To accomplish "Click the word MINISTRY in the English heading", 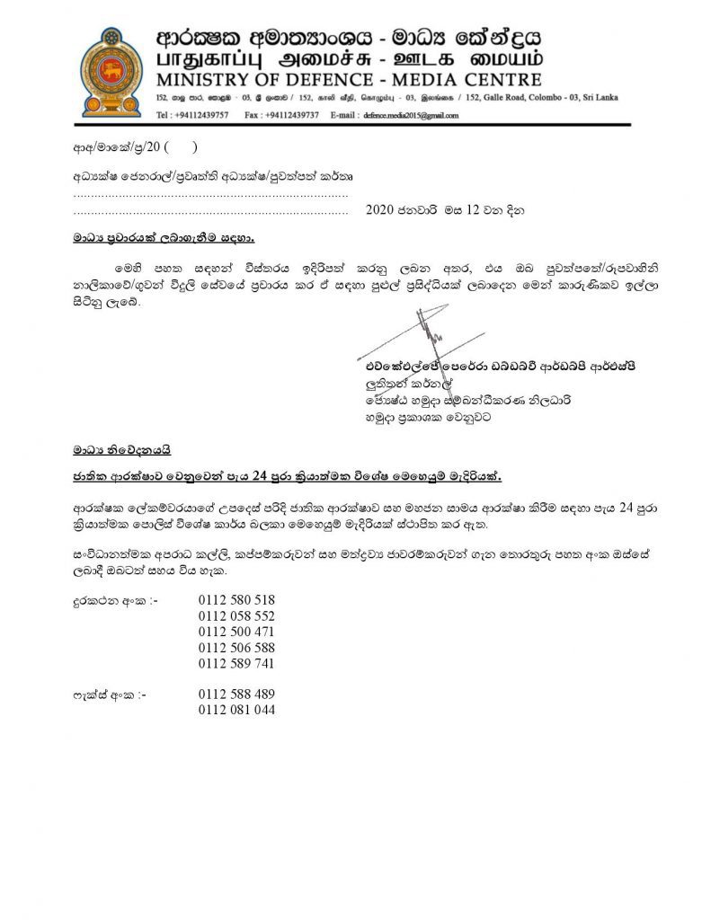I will point(194,78).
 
